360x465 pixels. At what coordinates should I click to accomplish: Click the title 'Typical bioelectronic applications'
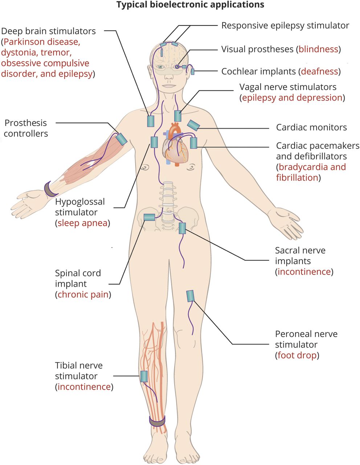tap(190, 5)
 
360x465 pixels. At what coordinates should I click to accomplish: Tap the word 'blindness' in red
tap(318, 49)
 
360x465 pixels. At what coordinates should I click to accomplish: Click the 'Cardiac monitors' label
tap(311, 128)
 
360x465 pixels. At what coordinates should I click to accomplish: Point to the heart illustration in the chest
tap(175, 145)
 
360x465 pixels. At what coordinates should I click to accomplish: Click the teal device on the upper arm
tap(121, 139)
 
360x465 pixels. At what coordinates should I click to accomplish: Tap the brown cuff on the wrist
tap(49, 188)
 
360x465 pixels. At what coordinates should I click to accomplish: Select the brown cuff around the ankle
tap(157, 421)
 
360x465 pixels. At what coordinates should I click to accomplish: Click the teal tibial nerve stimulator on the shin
tap(144, 376)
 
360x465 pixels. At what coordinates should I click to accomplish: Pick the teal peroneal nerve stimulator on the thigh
tap(191, 296)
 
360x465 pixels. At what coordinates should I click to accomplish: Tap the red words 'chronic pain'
tap(83, 294)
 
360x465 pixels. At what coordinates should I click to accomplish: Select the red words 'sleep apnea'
tap(82, 223)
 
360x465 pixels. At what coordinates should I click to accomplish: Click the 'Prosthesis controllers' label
tap(26, 128)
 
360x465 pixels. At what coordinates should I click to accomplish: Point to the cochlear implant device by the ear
tap(193, 72)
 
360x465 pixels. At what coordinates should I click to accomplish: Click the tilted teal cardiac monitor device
tap(193, 125)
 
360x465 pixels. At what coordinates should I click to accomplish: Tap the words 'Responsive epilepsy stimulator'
tap(285, 26)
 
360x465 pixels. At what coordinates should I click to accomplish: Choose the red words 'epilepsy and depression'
tap(292, 98)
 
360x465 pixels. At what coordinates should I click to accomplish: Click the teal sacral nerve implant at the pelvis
tap(182, 228)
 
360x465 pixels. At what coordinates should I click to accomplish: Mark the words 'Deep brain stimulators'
tap(49, 31)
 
